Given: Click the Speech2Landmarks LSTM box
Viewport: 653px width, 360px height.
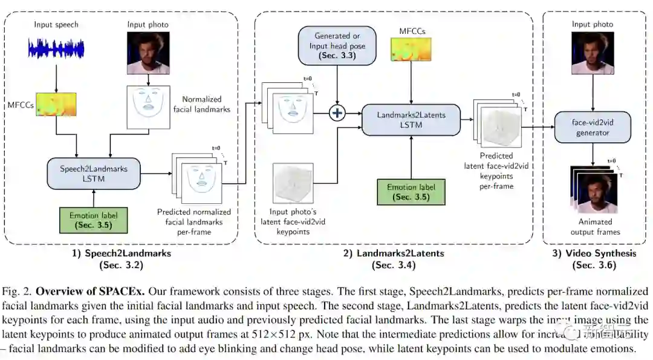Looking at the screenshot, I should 93,174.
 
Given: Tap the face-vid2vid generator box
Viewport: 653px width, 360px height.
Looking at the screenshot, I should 593,127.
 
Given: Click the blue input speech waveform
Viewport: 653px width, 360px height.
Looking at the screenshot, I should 55,49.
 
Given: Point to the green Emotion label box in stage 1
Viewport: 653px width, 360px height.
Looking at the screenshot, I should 94,220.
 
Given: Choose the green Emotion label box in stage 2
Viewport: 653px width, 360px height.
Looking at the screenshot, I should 411,191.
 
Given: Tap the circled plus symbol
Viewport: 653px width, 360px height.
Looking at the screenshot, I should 337,113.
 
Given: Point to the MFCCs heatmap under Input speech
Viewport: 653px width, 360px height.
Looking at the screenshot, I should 55,105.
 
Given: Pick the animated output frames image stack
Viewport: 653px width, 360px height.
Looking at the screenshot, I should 592,189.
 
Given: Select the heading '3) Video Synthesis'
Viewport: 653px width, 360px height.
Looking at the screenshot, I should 593,254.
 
